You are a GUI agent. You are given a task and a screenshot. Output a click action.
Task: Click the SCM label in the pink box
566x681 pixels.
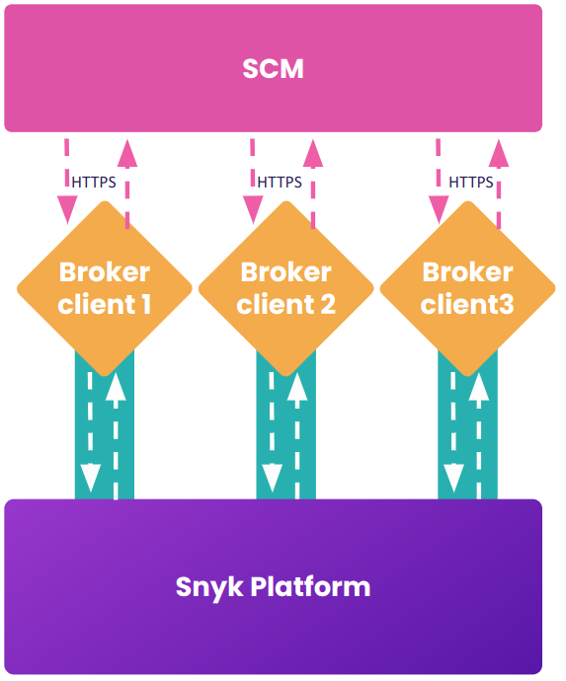pos(273,69)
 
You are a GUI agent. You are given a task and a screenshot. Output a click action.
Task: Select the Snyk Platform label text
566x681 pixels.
pos(273,587)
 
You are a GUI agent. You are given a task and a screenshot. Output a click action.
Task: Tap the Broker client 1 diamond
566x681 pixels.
pos(104,288)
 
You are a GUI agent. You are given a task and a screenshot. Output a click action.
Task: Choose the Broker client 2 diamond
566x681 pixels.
pos(285,288)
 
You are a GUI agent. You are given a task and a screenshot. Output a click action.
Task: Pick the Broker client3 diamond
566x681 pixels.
pos(467,288)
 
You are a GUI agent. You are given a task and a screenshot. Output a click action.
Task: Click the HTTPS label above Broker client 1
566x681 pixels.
pos(94,182)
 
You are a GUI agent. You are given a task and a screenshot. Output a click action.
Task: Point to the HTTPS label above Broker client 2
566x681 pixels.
pos(280,182)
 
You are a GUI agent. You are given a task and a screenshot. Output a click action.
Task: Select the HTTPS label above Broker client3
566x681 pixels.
pos(471,182)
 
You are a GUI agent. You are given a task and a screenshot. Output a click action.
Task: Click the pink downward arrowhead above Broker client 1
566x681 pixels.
pos(67,208)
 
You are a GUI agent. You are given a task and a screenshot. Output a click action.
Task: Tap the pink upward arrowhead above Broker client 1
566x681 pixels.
pos(127,153)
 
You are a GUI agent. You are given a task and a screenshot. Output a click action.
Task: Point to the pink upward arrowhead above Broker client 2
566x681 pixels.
pos(313,153)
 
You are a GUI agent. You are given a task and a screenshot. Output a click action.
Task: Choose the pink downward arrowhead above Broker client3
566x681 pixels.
pos(438,208)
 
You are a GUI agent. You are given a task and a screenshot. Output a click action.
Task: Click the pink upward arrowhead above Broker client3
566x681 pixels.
pos(499,153)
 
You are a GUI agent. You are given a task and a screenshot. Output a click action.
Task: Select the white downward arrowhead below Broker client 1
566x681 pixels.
pos(90,478)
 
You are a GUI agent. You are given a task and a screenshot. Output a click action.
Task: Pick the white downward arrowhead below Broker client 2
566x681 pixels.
pos(272,478)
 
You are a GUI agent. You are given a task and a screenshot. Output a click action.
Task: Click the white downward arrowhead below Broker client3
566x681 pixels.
pos(453,478)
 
